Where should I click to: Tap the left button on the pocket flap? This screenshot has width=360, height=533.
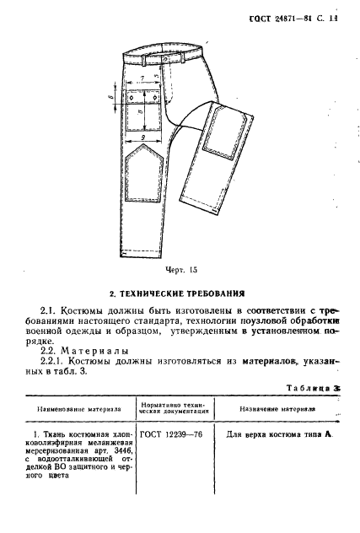tap(132, 99)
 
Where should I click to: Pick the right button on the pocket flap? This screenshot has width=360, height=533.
tap(159, 99)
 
